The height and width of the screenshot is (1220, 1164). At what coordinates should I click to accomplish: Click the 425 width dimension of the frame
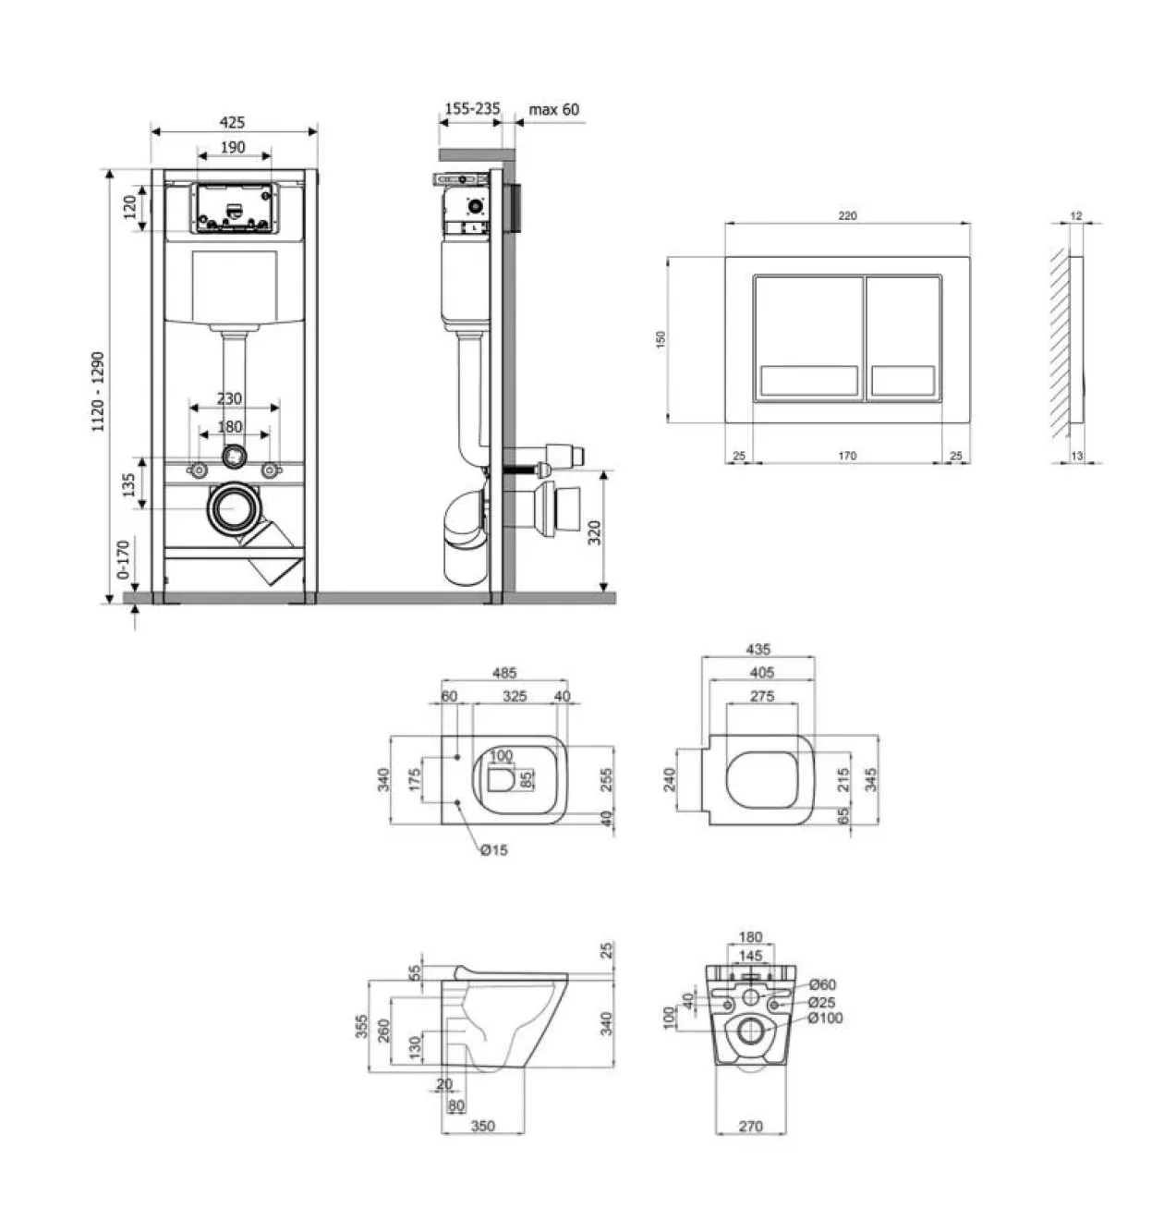(232, 122)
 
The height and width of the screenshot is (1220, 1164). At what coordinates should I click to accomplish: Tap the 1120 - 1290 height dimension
(98, 392)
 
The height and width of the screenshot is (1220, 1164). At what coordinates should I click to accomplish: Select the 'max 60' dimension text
(553, 110)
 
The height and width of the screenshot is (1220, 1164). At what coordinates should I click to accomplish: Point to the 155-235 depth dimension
(472, 108)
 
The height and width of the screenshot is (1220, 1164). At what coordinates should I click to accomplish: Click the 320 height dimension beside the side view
(594, 532)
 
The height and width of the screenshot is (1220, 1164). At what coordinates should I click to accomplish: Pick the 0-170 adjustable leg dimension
(124, 559)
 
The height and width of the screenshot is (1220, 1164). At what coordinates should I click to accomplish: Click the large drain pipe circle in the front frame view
(235, 508)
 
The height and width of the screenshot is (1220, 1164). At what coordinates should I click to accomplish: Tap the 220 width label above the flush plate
(847, 216)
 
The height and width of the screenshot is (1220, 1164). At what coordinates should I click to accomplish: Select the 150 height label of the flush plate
(661, 339)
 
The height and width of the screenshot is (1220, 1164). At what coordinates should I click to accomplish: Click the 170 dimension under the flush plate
(847, 456)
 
